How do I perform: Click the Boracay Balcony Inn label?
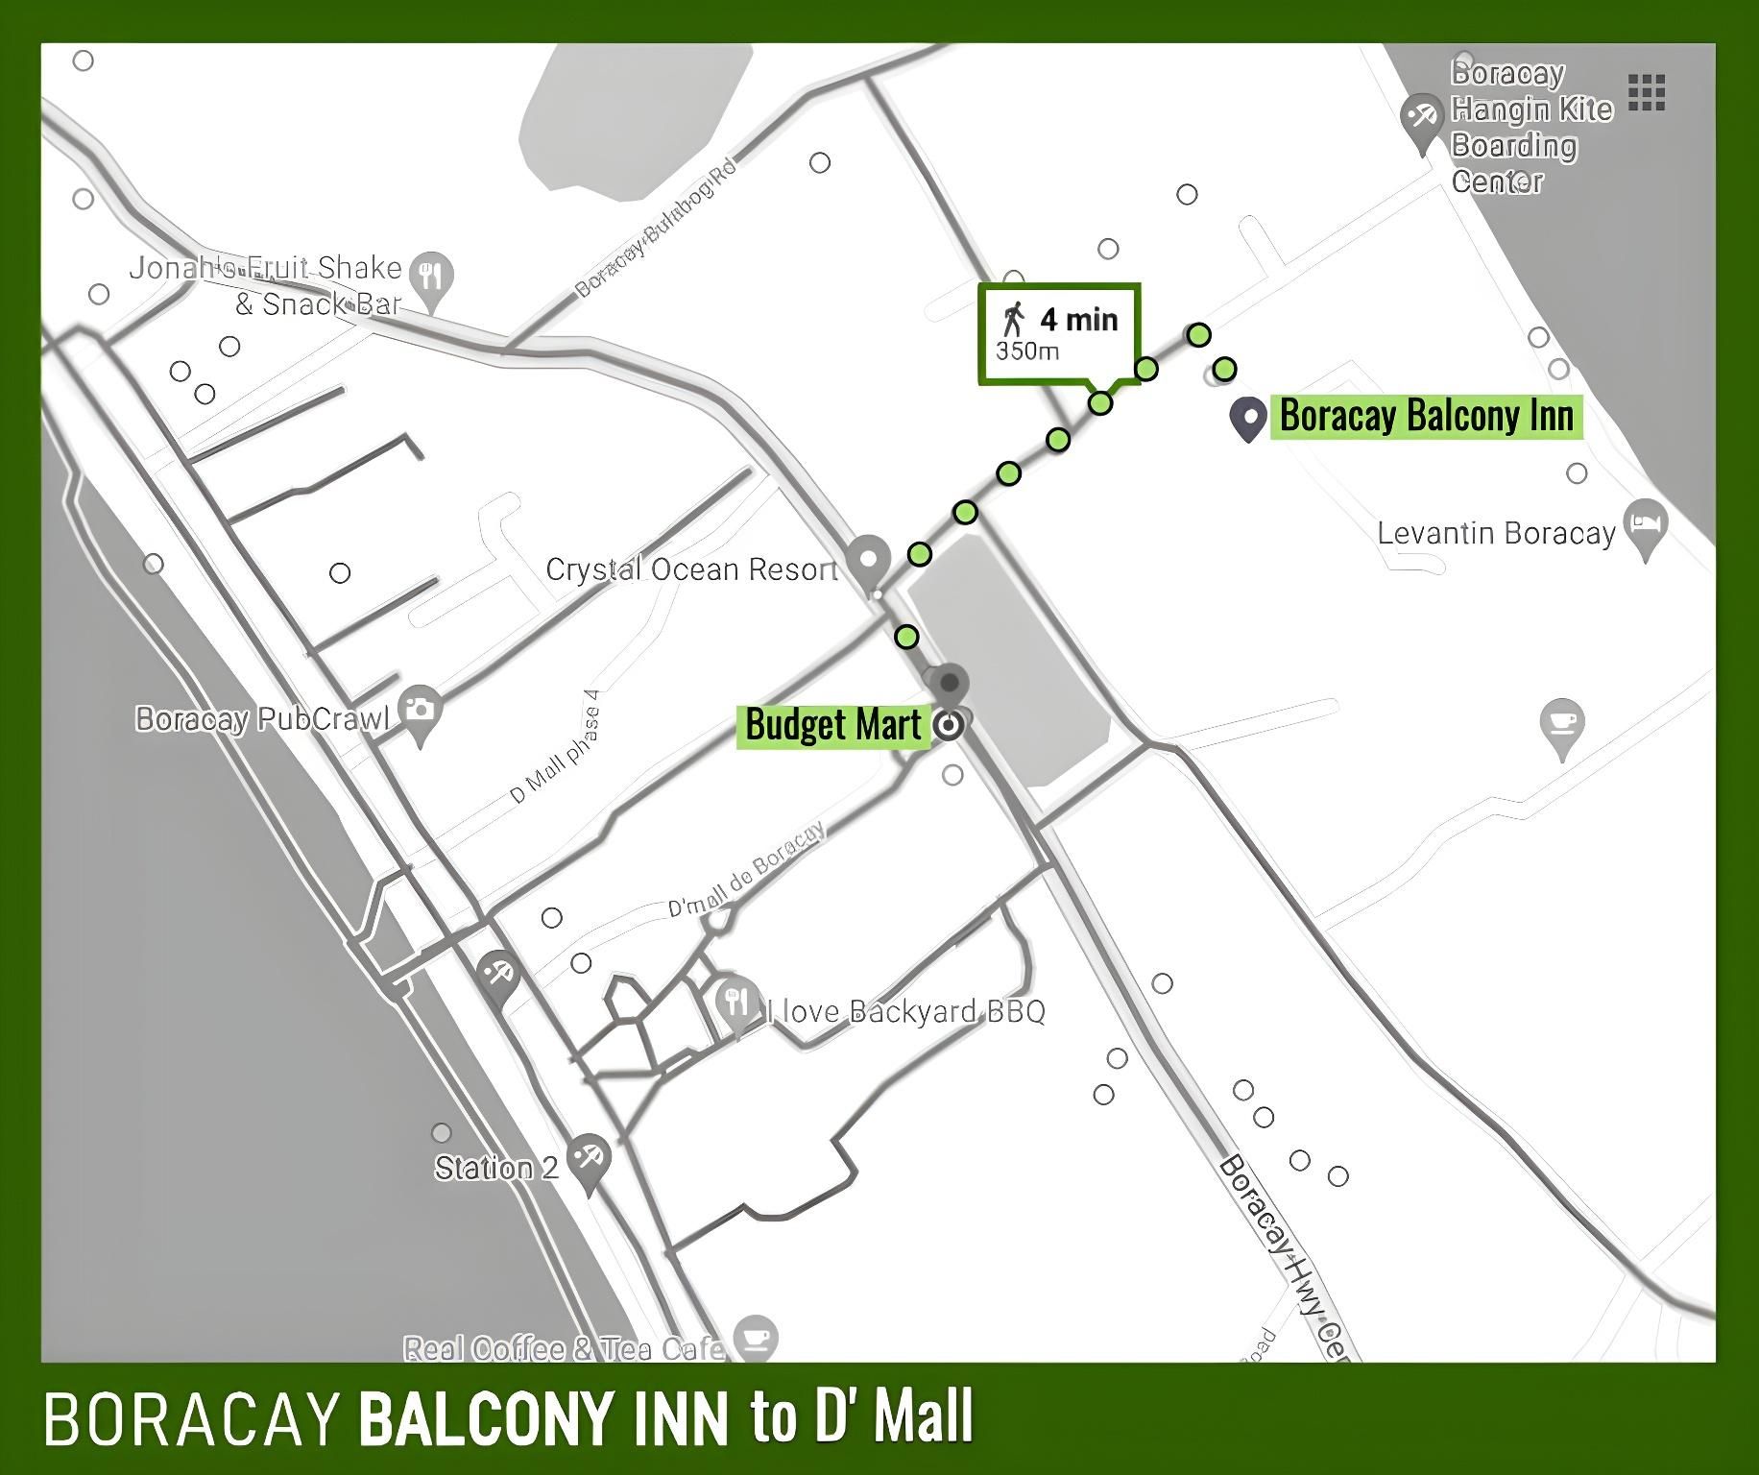(1426, 417)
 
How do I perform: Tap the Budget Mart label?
(832, 725)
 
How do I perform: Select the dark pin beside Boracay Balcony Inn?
(1248, 419)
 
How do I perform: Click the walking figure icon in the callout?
(1013, 318)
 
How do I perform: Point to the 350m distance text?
(1027, 351)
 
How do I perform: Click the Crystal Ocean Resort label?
(691, 569)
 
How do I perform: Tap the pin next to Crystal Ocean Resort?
(870, 561)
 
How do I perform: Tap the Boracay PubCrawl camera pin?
(419, 713)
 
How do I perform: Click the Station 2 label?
(495, 1168)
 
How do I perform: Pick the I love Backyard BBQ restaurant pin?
(737, 1005)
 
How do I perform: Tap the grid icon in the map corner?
(1647, 92)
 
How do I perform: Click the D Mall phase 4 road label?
(556, 748)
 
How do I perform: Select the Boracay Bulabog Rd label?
(657, 229)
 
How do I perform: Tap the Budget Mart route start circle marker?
(949, 725)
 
